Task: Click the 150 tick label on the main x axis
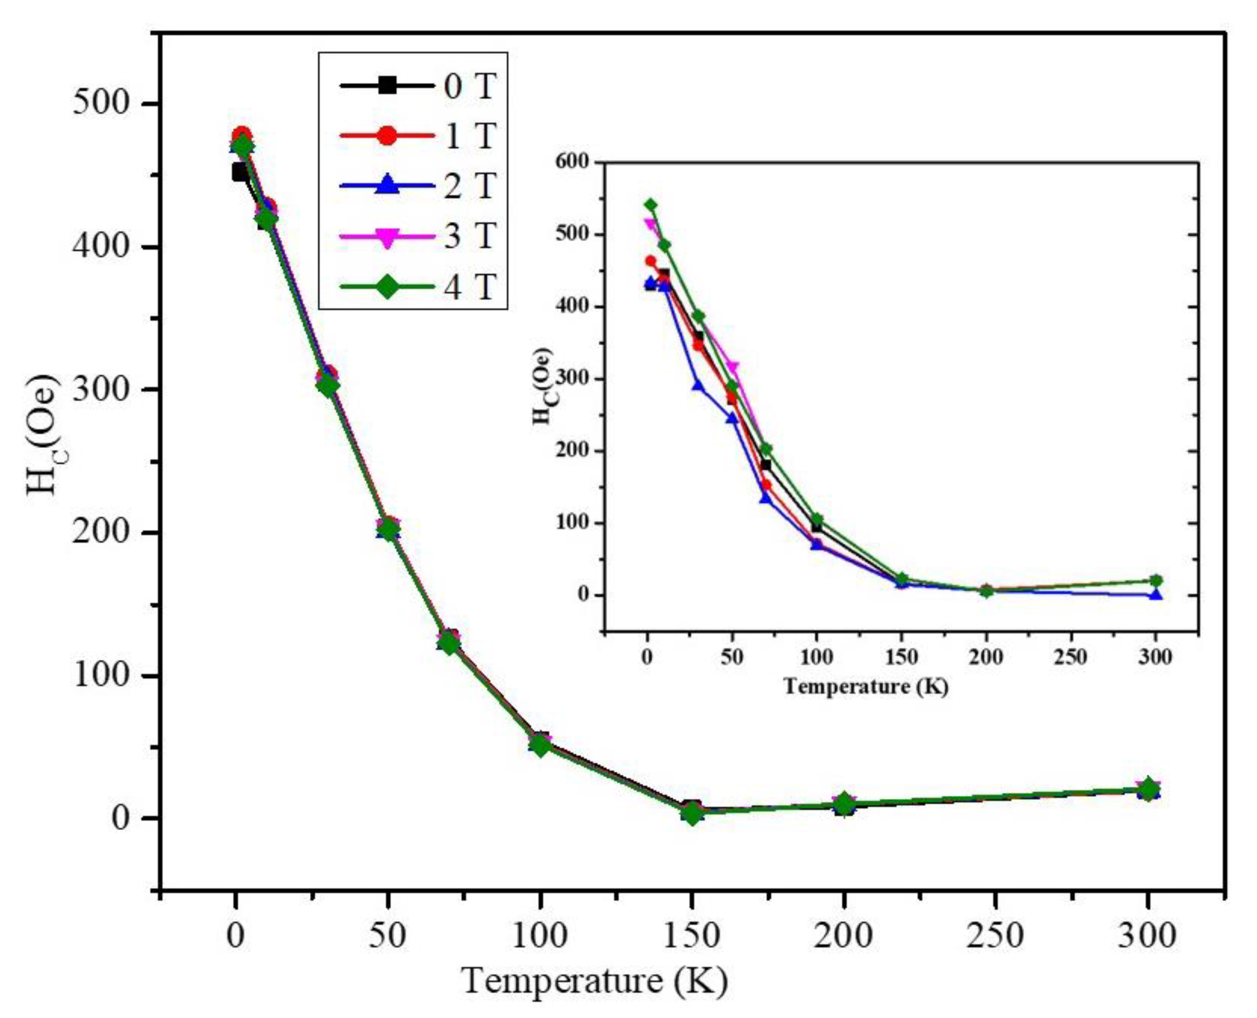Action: coord(692,935)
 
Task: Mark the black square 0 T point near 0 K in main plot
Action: coord(239,172)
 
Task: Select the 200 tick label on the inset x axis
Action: coord(986,657)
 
